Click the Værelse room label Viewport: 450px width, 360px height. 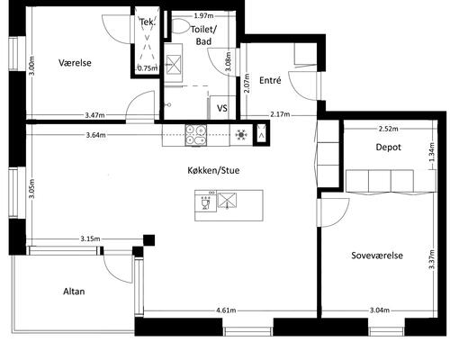tap(75, 63)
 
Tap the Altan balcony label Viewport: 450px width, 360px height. tap(74, 292)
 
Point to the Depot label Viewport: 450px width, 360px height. tap(388, 147)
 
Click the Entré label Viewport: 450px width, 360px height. tap(270, 80)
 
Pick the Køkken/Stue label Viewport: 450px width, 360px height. tap(213, 170)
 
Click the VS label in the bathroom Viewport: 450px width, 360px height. tap(222, 108)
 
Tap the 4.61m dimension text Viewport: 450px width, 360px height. tap(226, 310)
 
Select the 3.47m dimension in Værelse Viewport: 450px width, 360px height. tap(94, 115)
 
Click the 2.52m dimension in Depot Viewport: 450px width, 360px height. tap(388, 129)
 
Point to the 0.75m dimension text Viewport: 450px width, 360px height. tap(148, 68)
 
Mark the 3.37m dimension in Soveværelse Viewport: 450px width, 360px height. tap(431, 259)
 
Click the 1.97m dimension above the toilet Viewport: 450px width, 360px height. tap(203, 15)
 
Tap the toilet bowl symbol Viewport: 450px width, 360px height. tap(180, 26)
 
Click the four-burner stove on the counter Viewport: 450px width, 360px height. tap(196, 135)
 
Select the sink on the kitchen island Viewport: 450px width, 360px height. tap(227, 201)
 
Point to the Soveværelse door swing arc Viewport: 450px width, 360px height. tap(343, 215)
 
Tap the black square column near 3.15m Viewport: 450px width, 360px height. tap(148, 240)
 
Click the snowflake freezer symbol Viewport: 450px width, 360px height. tap(241, 135)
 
